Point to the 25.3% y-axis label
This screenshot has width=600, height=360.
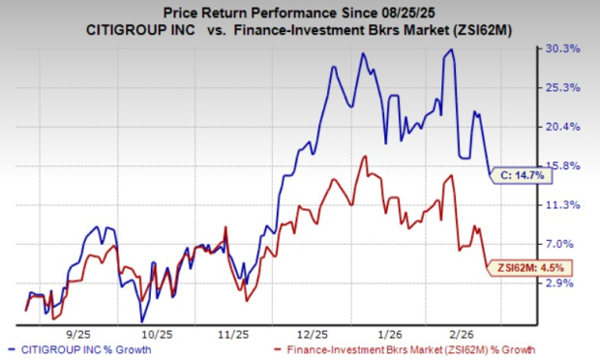[x=565, y=88]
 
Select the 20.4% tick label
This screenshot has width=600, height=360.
[x=565, y=127]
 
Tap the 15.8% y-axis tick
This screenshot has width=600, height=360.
[x=565, y=165]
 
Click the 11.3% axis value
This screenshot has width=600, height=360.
[x=565, y=205]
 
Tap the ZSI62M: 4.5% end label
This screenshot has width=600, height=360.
[x=530, y=268]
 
